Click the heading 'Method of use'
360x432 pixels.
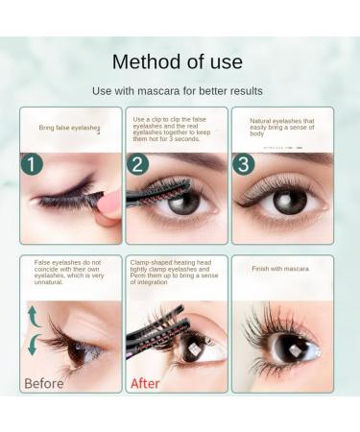click(179, 62)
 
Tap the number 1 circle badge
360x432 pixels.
click(32, 163)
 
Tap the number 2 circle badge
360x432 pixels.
click(137, 163)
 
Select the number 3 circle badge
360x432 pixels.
click(244, 163)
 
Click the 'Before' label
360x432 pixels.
click(44, 383)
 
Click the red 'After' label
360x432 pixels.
click(145, 383)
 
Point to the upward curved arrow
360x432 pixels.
click(34, 317)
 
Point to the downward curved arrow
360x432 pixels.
click(34, 345)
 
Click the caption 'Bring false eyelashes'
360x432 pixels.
click(70, 128)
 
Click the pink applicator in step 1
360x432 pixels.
click(108, 204)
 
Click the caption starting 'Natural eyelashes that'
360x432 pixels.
click(282, 127)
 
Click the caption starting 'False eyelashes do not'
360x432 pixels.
click(70, 273)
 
